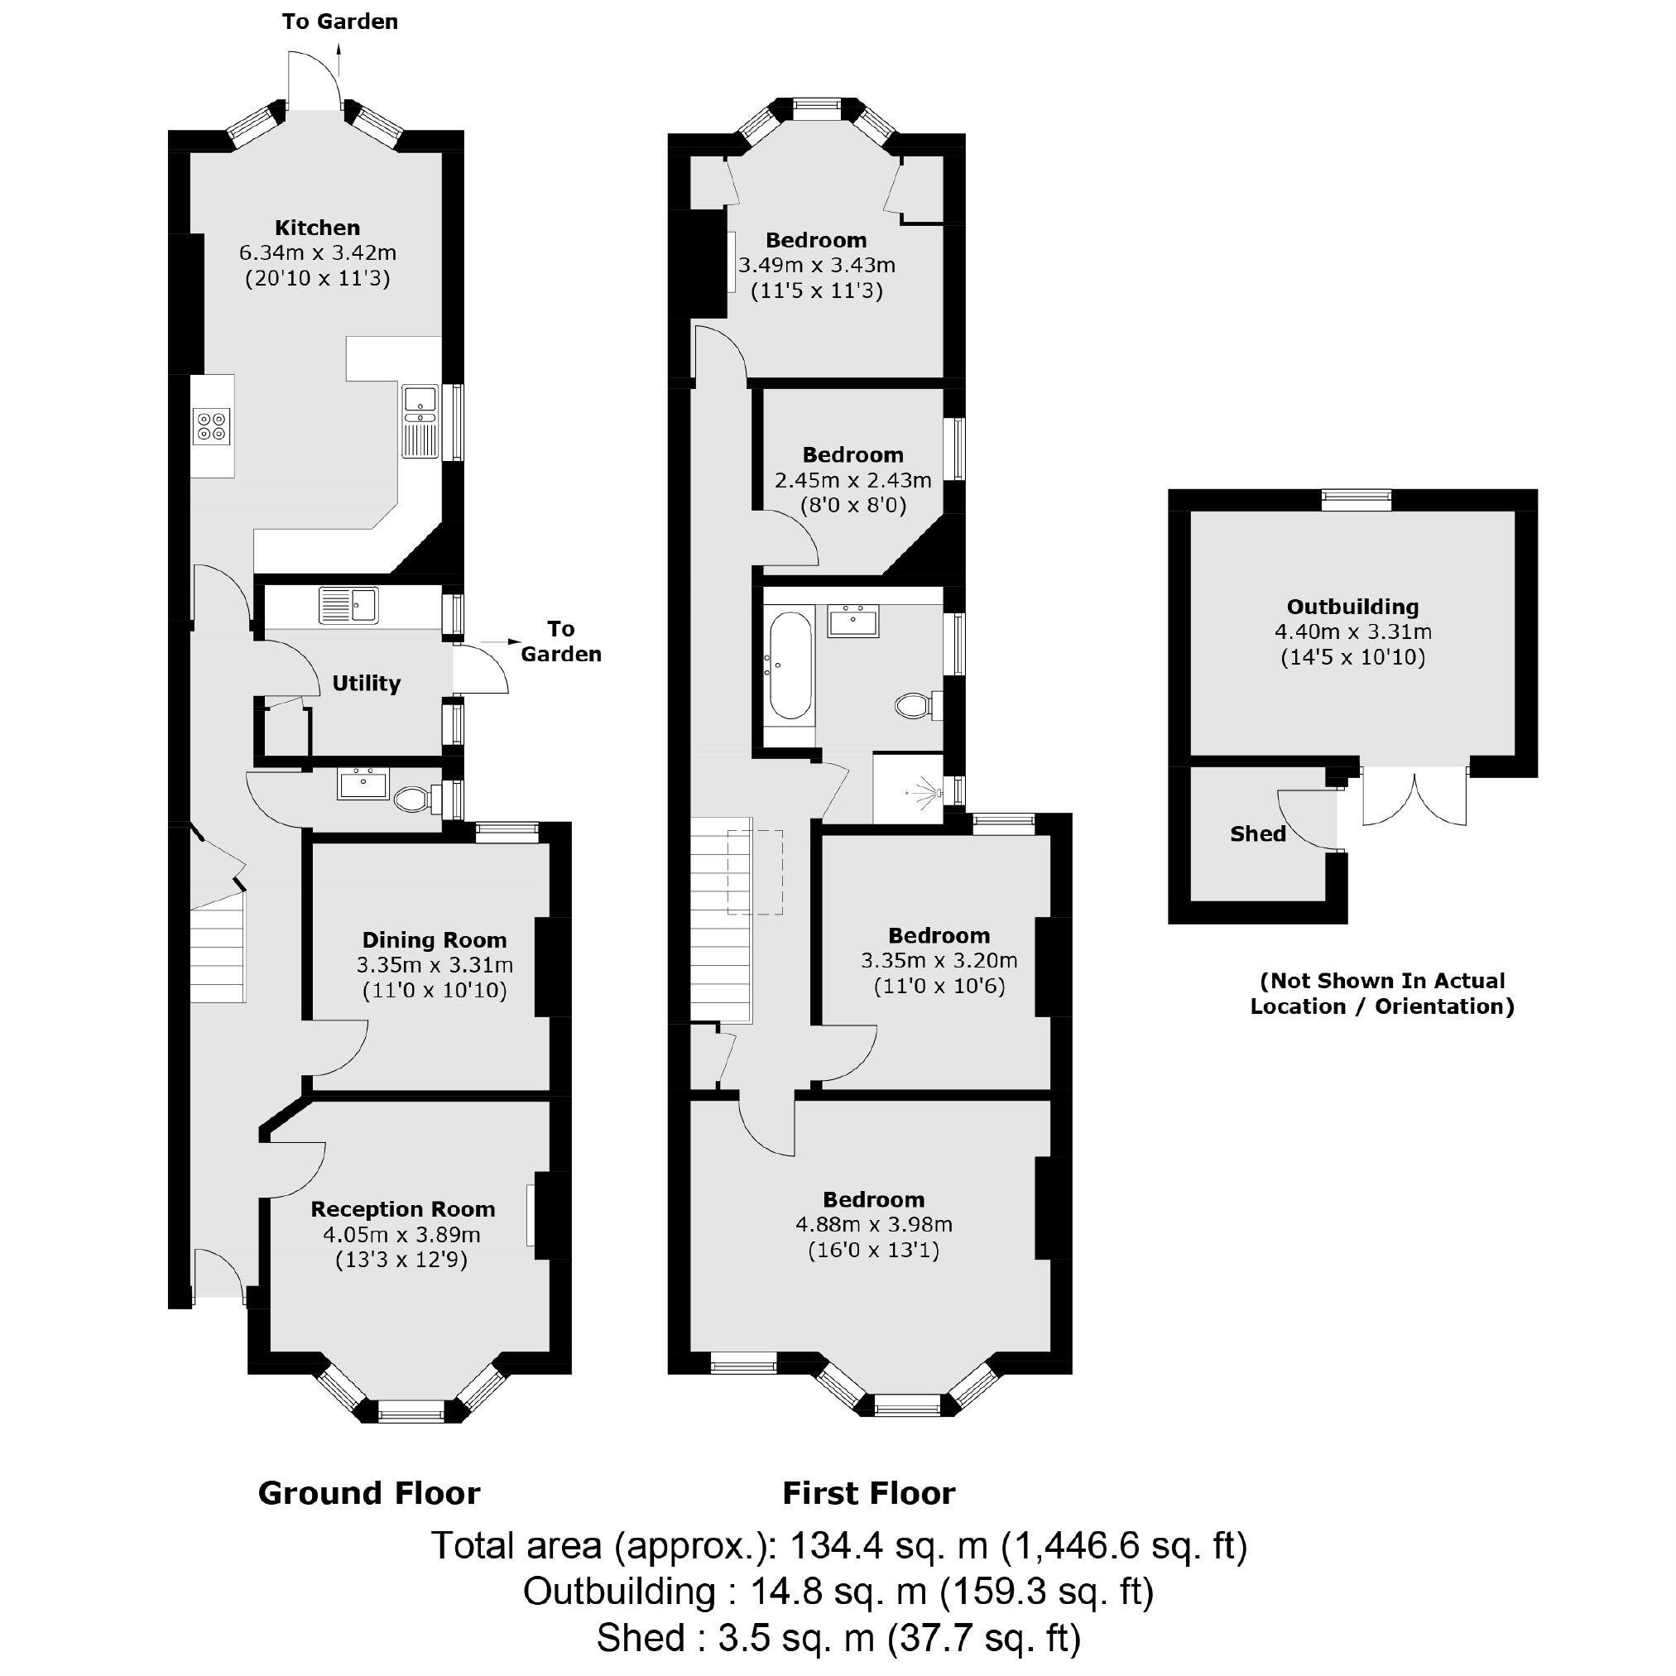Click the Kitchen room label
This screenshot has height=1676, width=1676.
click(317, 228)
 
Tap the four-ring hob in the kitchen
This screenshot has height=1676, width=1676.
click(213, 425)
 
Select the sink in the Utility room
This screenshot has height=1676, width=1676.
click(348, 605)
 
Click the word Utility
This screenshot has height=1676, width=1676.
click(366, 684)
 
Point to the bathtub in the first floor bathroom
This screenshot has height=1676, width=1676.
click(790, 666)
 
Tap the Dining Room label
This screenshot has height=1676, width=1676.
click(434, 939)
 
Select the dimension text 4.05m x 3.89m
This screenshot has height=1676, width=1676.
click(401, 1233)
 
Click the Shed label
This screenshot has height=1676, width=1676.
click(1257, 833)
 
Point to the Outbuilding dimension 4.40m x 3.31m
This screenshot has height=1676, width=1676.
click(1352, 632)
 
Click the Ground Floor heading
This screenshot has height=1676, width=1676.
click(368, 1493)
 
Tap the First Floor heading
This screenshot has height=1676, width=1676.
click(868, 1493)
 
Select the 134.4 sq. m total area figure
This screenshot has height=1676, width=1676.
click(888, 1545)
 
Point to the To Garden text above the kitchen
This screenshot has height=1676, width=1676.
click(339, 22)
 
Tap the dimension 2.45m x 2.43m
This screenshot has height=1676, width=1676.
click(852, 480)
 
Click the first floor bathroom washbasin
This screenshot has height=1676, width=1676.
click(852, 620)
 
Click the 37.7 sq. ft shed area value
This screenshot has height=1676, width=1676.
click(983, 1639)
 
